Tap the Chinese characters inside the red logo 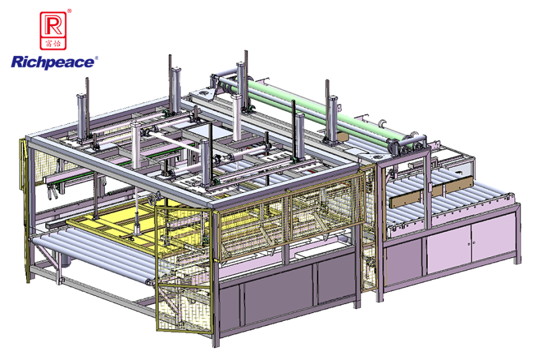pyautogui.click(x=54, y=43)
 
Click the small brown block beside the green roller pyautogui.click(x=341, y=135)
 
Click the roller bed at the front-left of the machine pyautogui.click(x=93, y=254)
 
